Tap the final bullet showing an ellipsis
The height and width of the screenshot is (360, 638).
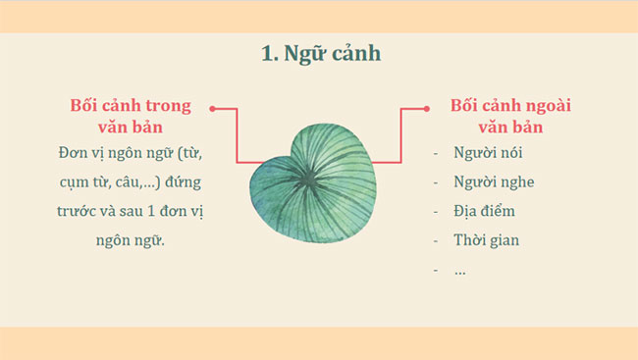(x=459, y=269)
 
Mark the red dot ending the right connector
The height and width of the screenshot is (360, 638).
(x=425, y=109)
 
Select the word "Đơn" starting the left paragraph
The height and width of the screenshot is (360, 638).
(x=74, y=154)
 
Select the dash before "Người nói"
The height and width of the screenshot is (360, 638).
(x=436, y=154)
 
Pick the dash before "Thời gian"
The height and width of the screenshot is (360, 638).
(x=436, y=239)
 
